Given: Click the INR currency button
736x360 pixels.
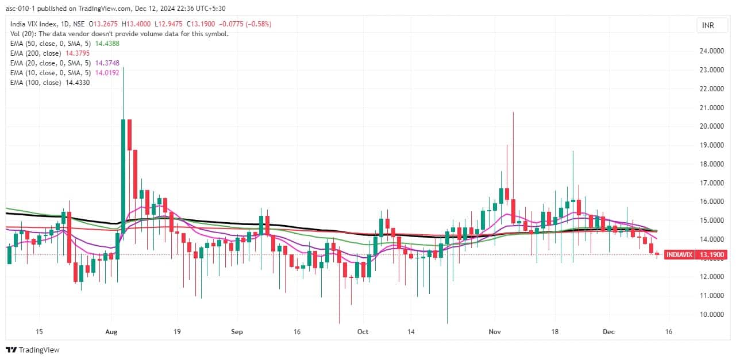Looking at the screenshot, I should coord(709,25).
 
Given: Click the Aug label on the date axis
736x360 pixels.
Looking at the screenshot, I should coord(112,332).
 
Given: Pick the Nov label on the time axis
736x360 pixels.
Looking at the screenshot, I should coord(494,332).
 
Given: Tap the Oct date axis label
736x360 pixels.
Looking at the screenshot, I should coord(363,332).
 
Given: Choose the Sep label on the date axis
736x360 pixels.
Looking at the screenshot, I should coord(237,332).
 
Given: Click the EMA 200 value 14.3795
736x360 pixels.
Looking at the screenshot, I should coord(76,53).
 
